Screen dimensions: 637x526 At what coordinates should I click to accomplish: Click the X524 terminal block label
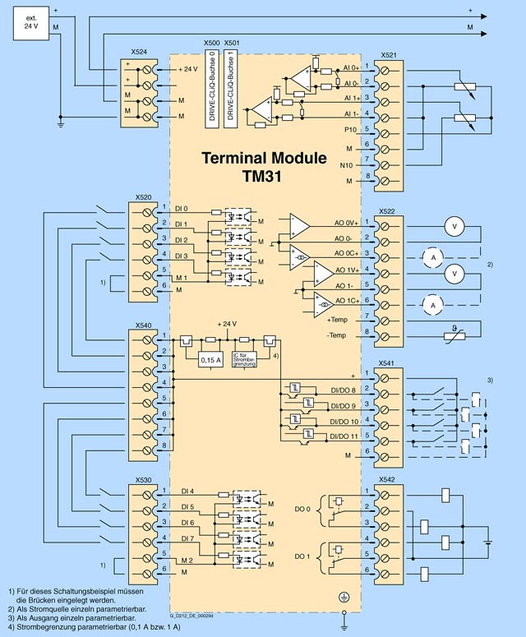click(139, 51)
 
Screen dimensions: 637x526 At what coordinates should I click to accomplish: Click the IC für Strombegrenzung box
click(245, 358)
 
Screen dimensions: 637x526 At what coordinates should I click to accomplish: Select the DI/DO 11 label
click(344, 435)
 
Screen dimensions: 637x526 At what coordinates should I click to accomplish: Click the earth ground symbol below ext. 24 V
click(61, 125)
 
